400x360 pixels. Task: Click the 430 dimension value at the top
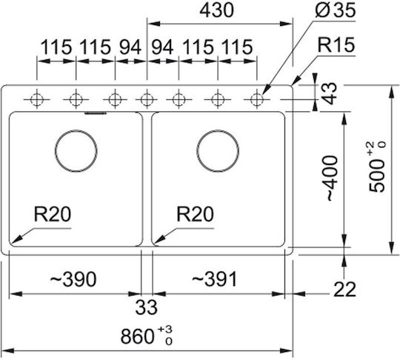pyautogui.click(x=216, y=10)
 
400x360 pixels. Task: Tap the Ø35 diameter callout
pyautogui.click(x=335, y=10)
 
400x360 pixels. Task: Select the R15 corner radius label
pyautogui.click(x=336, y=45)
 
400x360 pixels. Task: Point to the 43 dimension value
pyautogui.click(x=330, y=93)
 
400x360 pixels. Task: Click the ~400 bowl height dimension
pyautogui.click(x=332, y=178)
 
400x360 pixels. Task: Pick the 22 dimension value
pyautogui.click(x=344, y=290)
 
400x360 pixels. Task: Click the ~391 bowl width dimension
pyautogui.click(x=214, y=279)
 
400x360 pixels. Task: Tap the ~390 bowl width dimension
pyautogui.click(x=73, y=279)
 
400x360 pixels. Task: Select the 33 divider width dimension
pyautogui.click(x=146, y=307)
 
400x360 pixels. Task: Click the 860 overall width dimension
pyautogui.click(x=137, y=336)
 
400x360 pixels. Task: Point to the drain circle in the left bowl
pyautogui.click(x=76, y=151)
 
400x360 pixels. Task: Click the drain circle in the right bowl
pyautogui.click(x=218, y=151)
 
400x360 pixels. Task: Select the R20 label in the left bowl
pyautogui.click(x=53, y=214)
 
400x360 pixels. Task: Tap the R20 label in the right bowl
pyautogui.click(x=195, y=214)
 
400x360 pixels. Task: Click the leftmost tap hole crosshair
pyautogui.click(x=37, y=99)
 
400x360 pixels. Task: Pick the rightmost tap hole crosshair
pyautogui.click(x=256, y=99)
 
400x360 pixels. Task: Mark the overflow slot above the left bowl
pyautogui.click(x=96, y=113)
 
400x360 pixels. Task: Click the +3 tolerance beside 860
pyautogui.click(x=164, y=329)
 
